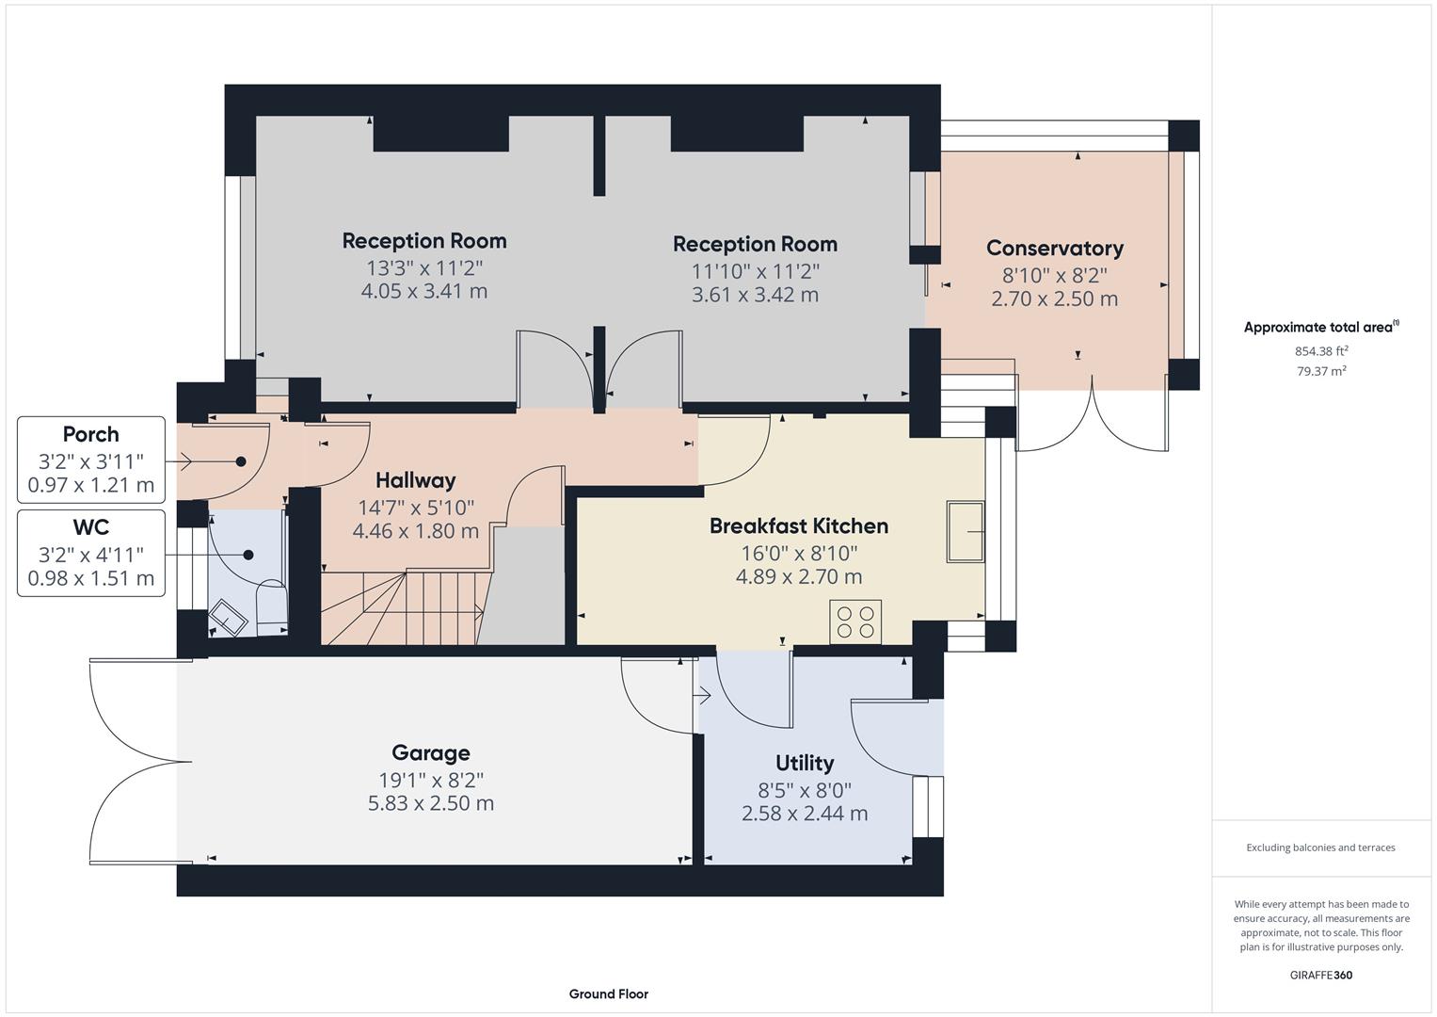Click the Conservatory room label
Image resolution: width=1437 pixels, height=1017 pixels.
pos(1054,248)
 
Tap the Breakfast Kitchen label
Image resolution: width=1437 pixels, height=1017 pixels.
pos(798,525)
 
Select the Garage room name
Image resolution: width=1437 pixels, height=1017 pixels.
pos(430,752)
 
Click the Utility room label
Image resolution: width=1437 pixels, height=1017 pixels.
pos(804,763)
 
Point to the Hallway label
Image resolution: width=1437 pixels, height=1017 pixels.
pos(415,480)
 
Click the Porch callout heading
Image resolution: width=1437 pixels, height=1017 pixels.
pos(90,434)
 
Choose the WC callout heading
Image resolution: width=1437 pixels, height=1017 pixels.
pos(90,526)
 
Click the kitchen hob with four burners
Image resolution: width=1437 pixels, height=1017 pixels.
pos(855,621)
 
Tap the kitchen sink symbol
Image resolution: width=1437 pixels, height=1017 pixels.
pos(965,532)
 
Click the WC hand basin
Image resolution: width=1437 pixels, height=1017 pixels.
pos(229,617)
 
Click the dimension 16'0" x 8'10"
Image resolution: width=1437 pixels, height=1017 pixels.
pos(798,553)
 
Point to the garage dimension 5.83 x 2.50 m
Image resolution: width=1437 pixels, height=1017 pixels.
pos(430,803)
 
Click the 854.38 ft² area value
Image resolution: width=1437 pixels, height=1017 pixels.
pos(1320,351)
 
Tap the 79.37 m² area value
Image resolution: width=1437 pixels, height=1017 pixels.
pos(1320,371)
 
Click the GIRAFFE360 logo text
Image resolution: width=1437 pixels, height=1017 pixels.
pos(1320,975)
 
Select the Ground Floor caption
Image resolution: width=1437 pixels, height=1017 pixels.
pos(608,993)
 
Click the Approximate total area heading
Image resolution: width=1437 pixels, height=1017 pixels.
pos(1320,328)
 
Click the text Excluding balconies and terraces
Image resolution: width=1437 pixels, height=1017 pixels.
pos(1320,847)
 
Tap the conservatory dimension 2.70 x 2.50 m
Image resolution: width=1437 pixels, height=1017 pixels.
pos(1054,299)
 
